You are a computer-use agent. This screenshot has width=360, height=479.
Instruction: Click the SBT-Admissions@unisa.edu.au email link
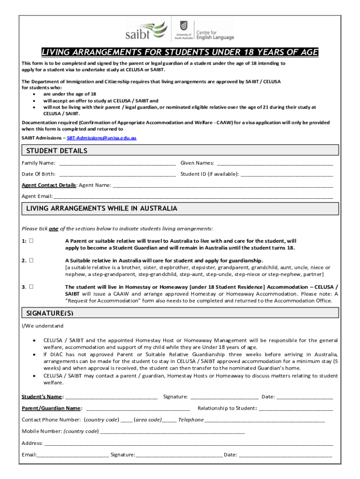point(101,138)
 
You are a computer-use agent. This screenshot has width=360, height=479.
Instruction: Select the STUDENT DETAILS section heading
point(57,151)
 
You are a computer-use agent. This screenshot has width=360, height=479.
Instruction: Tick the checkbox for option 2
point(31,261)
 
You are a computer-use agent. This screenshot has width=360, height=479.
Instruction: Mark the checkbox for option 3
point(31,287)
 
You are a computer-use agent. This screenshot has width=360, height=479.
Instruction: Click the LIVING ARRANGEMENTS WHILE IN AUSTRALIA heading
point(101,208)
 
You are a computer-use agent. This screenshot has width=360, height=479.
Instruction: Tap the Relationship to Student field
point(296,409)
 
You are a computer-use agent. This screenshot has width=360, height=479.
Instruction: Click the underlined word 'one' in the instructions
point(54,229)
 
